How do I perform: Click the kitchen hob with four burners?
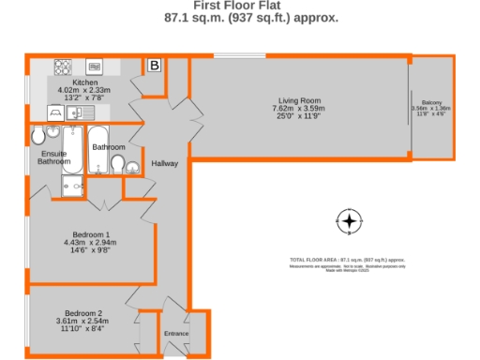click(64, 67)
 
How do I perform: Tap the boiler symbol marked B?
click(155, 66)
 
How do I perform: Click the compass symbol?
click(349, 222)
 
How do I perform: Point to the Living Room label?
click(299, 100)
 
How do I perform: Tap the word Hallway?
click(165, 164)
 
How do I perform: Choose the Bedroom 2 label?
click(83, 313)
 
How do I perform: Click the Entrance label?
click(176, 334)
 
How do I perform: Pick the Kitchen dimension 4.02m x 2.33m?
click(84, 89)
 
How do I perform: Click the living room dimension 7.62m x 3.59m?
click(299, 109)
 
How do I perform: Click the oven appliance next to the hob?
click(95, 67)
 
